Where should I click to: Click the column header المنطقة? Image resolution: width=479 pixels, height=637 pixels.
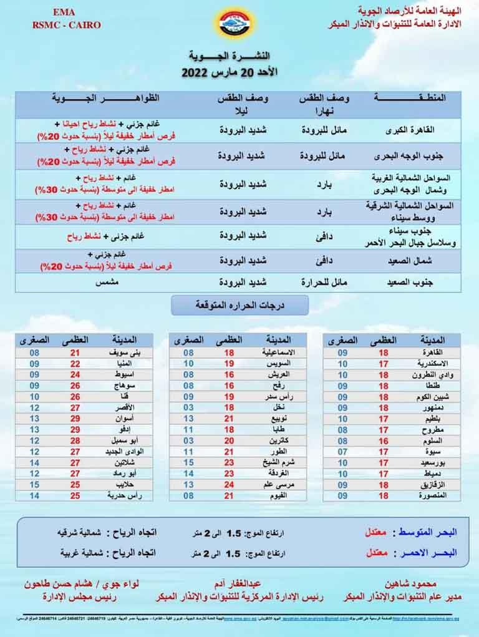click(417, 98)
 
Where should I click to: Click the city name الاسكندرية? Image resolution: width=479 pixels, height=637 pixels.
click(427, 363)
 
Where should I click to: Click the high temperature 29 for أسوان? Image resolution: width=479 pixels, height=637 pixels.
click(75, 418)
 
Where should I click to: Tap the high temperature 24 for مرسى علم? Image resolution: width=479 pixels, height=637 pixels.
click(229, 485)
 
